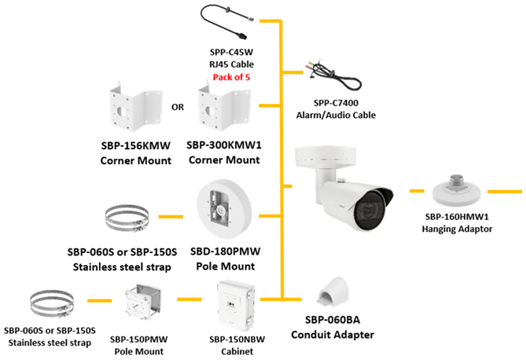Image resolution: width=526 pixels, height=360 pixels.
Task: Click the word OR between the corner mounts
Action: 178,107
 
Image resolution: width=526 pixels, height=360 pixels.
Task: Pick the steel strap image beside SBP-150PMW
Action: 51,305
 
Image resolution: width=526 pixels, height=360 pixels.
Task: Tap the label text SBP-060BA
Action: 331,322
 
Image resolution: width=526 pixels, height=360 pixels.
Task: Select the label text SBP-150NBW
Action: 237,339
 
